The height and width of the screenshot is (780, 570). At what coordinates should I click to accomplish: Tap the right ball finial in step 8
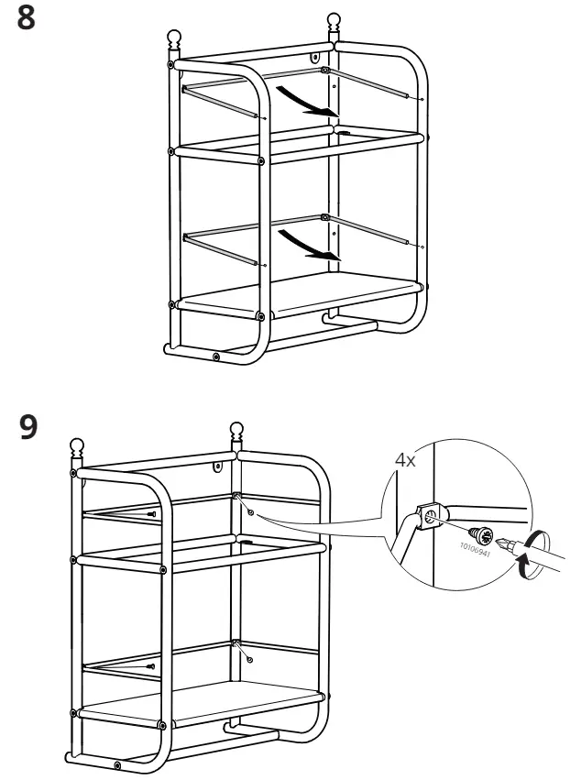334,19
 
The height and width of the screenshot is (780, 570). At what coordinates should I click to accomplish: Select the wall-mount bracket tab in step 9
219,467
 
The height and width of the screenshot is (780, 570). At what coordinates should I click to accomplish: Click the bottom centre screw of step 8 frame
214,357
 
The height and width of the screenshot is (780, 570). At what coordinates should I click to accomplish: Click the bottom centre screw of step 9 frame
117,764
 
